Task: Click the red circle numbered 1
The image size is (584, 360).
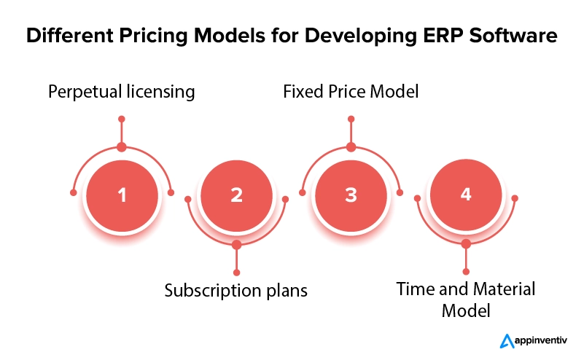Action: tap(122, 195)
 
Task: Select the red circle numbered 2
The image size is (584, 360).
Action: tap(236, 195)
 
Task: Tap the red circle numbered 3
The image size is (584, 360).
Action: tap(351, 195)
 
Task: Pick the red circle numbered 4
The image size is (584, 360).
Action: tap(466, 195)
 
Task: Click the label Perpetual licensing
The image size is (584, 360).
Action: tap(122, 92)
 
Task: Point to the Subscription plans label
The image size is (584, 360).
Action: tap(236, 290)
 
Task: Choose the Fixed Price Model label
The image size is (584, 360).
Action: tap(351, 92)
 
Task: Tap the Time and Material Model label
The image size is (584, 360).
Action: tap(466, 299)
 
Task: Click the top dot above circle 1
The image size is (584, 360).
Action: tap(122, 118)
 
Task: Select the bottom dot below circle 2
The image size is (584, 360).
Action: tap(236, 271)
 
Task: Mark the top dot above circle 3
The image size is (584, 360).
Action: tap(351, 118)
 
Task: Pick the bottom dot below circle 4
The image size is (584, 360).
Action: tap(466, 271)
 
